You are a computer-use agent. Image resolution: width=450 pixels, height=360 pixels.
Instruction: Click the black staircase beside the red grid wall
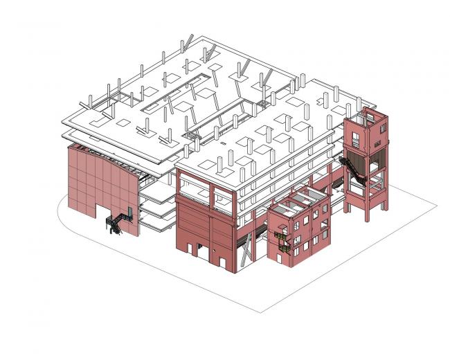point(115,224)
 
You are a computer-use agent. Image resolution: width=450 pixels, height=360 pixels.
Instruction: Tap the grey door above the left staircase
point(129,210)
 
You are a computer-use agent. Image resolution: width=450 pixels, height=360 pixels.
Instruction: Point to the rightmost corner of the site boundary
point(436,206)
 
